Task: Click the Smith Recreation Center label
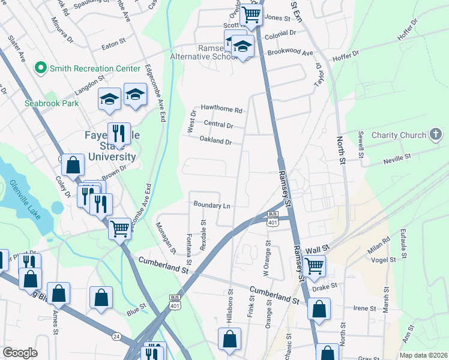click(95, 68)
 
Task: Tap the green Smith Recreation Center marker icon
click(41, 68)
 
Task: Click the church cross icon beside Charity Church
click(435, 135)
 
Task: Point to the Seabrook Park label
click(52, 103)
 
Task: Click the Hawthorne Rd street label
click(221, 110)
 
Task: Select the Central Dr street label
click(218, 125)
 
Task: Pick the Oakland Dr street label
click(215, 142)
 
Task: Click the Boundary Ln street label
click(212, 205)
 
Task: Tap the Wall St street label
click(318, 248)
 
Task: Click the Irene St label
click(364, 308)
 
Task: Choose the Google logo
click(20, 353)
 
